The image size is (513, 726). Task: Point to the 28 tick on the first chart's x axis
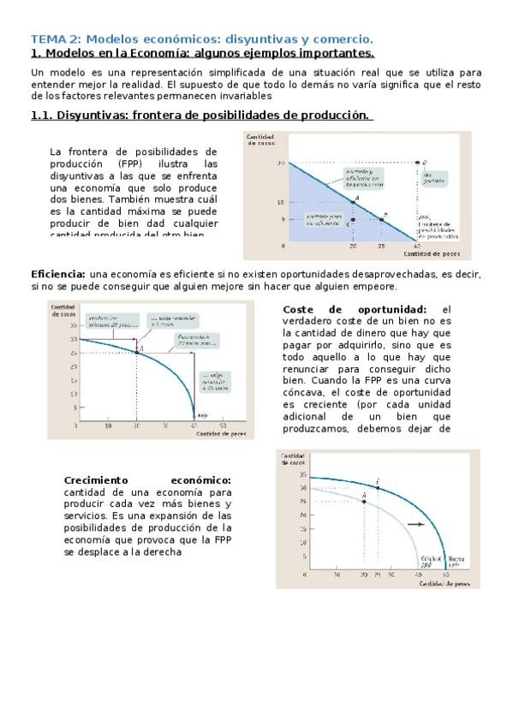(x=382, y=245)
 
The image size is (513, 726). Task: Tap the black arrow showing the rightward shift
(x=415, y=524)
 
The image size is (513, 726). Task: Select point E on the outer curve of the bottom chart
(x=378, y=487)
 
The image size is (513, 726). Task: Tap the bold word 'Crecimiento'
(x=96, y=480)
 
